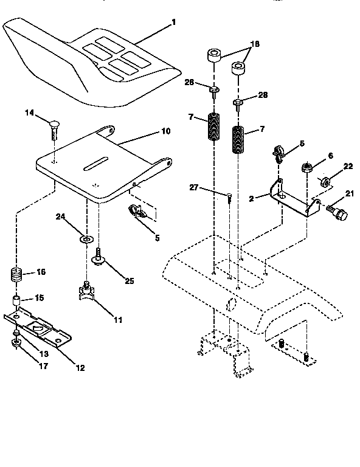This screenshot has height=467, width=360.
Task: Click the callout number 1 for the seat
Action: [x=174, y=22]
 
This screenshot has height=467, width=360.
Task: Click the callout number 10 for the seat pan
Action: [x=165, y=131]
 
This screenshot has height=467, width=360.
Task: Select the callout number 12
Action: [x=80, y=367]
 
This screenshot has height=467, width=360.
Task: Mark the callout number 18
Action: [x=255, y=44]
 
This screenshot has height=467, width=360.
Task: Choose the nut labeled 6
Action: [x=307, y=167]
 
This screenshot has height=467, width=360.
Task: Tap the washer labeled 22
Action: [x=326, y=181]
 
